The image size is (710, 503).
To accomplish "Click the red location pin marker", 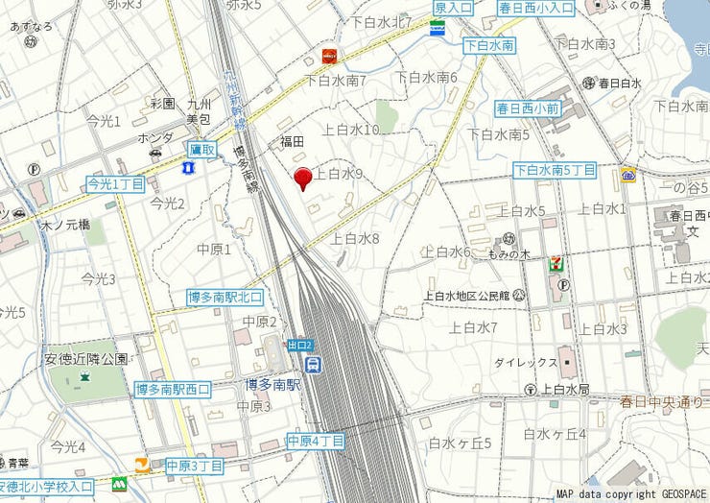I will tap(303, 179).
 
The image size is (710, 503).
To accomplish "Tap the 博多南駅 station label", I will tap(272, 385).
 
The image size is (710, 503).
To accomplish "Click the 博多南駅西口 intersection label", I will tap(173, 390).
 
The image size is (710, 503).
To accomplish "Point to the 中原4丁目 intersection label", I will tap(316, 442).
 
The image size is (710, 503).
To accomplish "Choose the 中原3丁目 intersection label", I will tap(194, 467).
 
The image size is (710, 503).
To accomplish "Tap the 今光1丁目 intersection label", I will tap(115, 182).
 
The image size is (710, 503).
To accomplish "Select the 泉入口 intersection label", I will tap(453, 8).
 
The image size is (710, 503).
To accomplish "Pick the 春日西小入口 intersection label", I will tap(536, 8).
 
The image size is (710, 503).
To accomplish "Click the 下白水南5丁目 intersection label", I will tap(555, 170).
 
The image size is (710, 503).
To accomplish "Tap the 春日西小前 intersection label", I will tap(528, 108).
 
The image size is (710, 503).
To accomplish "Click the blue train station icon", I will tap(314, 364).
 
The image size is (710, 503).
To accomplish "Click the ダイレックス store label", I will tap(526, 364).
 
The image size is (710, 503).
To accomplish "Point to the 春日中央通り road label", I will tap(661, 400).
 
